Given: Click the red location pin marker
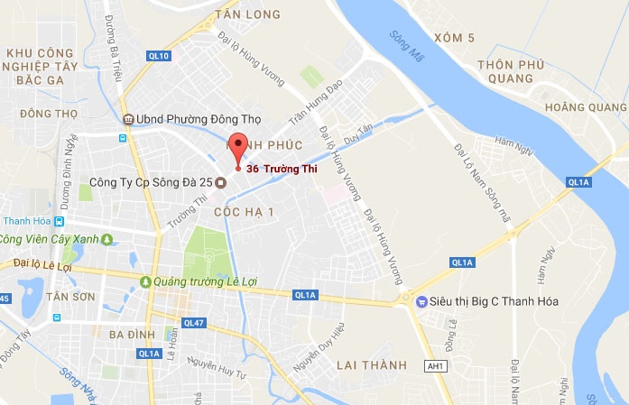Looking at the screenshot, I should tap(238, 147).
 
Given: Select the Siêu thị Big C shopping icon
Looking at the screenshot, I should tap(420, 301).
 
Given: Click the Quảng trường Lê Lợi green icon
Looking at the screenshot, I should tap(145, 281).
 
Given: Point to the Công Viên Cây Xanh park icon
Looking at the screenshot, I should tap(107, 239).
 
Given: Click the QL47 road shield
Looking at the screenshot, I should tap(193, 322).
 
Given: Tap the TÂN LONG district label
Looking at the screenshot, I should tap(248, 14).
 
